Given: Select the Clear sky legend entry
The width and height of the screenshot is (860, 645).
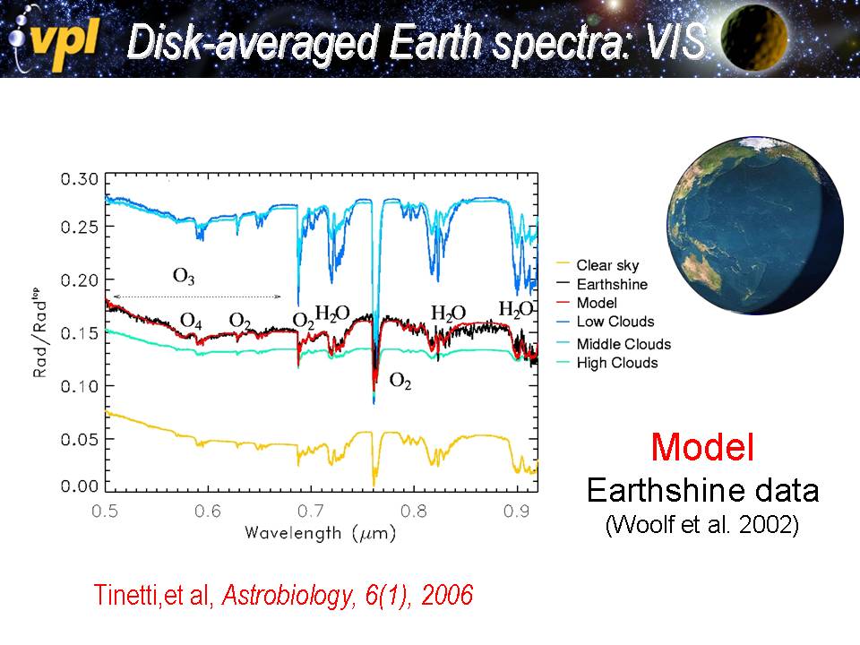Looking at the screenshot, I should pyautogui.click(x=607, y=265).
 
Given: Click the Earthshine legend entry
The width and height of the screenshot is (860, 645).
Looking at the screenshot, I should pyautogui.click(x=612, y=284).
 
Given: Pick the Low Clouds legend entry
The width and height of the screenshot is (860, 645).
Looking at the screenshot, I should pyautogui.click(x=615, y=322).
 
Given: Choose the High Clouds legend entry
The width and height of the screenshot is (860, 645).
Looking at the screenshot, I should pyautogui.click(x=617, y=363).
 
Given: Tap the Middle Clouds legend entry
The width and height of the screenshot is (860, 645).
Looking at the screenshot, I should pyautogui.click(x=623, y=344).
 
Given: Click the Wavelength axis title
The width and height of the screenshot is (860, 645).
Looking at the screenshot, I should pyautogui.click(x=320, y=533).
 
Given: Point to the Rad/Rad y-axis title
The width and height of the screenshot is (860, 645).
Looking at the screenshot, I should pyautogui.click(x=41, y=332).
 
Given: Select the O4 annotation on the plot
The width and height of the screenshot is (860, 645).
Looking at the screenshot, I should pyautogui.click(x=191, y=321).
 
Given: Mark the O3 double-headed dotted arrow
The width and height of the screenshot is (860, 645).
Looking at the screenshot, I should pyautogui.click(x=199, y=297).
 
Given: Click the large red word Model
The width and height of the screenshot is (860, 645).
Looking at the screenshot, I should pyautogui.click(x=702, y=447).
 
